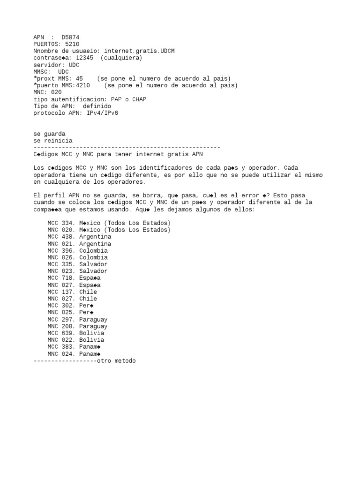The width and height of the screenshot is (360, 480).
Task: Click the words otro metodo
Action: (116, 361)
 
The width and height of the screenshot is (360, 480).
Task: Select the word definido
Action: (97, 106)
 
